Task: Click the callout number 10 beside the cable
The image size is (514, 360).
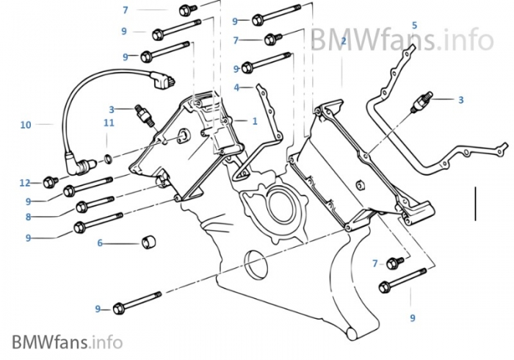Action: [x=26, y=125]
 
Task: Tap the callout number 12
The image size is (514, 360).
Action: [x=24, y=181]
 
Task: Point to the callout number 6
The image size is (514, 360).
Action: [x=100, y=243]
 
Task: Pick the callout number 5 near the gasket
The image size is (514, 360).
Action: [x=414, y=25]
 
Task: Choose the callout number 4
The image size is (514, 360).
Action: [x=236, y=87]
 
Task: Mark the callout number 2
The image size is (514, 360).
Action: [x=343, y=41]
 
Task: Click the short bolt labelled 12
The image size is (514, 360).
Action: [x=51, y=181]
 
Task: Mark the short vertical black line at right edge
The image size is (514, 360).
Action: [x=475, y=204]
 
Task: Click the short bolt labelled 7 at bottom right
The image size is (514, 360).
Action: [x=396, y=262]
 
